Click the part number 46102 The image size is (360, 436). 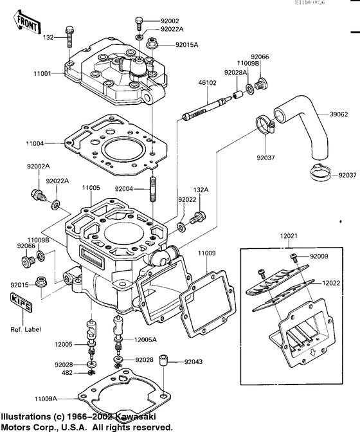click(207, 83)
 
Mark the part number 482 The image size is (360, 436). click(66, 372)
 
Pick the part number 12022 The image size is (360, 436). click(331, 282)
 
